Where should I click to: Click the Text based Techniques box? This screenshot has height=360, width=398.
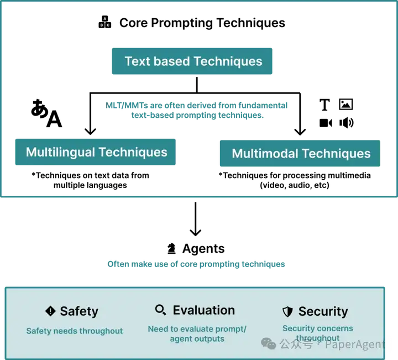point(192,61)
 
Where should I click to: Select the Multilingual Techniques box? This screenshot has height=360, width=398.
point(95,152)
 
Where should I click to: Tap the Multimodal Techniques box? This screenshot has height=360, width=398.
point(300,153)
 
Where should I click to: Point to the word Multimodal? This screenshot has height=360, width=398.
point(265,153)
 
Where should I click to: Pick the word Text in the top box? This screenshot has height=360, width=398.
point(137,61)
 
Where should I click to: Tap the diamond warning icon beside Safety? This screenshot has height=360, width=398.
point(50,311)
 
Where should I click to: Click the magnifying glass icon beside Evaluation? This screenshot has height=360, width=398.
point(161,310)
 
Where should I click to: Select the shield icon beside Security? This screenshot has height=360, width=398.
point(287,311)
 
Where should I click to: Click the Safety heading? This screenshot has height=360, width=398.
point(78,311)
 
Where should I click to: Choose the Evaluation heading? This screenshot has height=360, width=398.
point(203,310)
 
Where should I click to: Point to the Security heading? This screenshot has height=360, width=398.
point(323,311)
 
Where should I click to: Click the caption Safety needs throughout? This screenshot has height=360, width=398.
point(75,331)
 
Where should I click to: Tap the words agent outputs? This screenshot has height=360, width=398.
point(197,338)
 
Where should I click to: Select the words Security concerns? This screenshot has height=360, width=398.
point(317,328)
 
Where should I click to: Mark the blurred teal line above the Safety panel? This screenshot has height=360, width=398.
point(197,265)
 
